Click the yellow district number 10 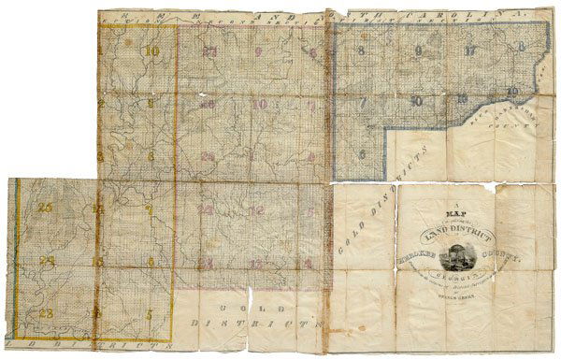151,51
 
